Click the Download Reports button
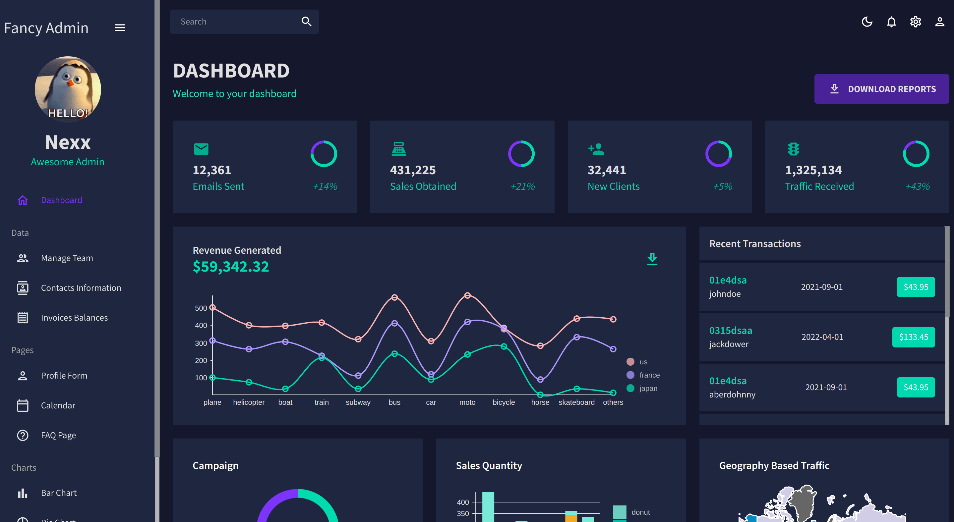[x=881, y=89]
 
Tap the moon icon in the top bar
[x=867, y=22]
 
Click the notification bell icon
[x=891, y=22]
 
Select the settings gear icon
[x=916, y=22]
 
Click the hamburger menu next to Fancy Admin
[x=120, y=28]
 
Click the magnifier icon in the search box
[x=306, y=22]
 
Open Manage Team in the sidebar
[x=67, y=258]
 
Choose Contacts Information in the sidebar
[x=81, y=288]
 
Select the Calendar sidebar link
[x=58, y=405]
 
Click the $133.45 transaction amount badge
[x=913, y=337]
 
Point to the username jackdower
[x=729, y=344]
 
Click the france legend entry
[x=649, y=375]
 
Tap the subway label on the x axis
[x=358, y=402]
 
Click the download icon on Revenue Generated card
[x=652, y=259]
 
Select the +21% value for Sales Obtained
[x=522, y=186]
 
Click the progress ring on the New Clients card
[x=718, y=154]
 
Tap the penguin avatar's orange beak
[x=70, y=83]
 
